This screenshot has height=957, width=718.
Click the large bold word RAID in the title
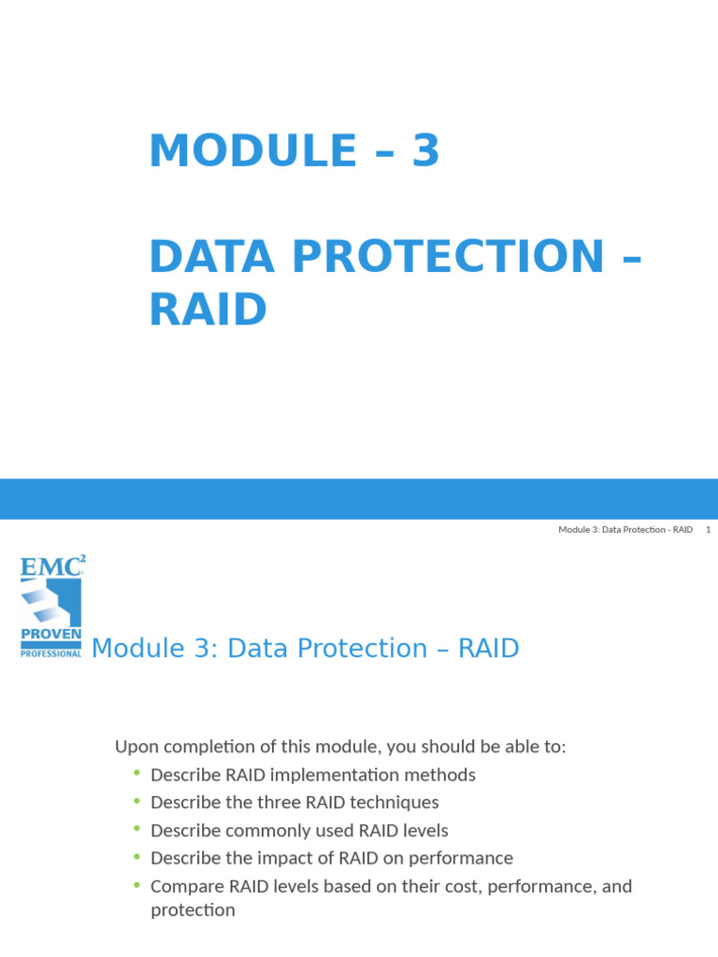click(208, 309)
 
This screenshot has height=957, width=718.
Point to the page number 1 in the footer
click(709, 530)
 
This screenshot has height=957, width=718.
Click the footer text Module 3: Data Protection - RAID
click(625, 530)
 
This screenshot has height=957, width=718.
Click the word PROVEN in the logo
click(50, 635)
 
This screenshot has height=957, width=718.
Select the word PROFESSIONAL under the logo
click(50, 652)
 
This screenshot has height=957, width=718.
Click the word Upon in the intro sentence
click(135, 747)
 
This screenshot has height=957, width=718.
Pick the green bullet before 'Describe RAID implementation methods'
click(136, 773)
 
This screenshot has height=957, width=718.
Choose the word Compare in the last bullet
click(183, 886)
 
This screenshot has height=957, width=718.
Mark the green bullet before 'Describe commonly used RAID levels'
click(136, 829)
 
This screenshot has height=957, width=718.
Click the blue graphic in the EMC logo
click(50, 601)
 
